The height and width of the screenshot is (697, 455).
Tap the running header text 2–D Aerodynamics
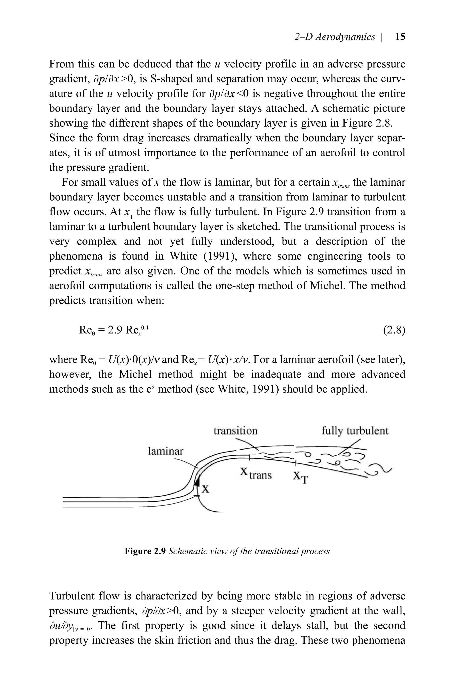(335, 37)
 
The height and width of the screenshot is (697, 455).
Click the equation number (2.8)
(394, 330)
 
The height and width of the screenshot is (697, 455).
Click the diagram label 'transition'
(235, 431)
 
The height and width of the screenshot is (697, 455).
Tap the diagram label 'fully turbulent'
(355, 431)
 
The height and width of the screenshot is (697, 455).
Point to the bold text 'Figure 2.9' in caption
(146, 551)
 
